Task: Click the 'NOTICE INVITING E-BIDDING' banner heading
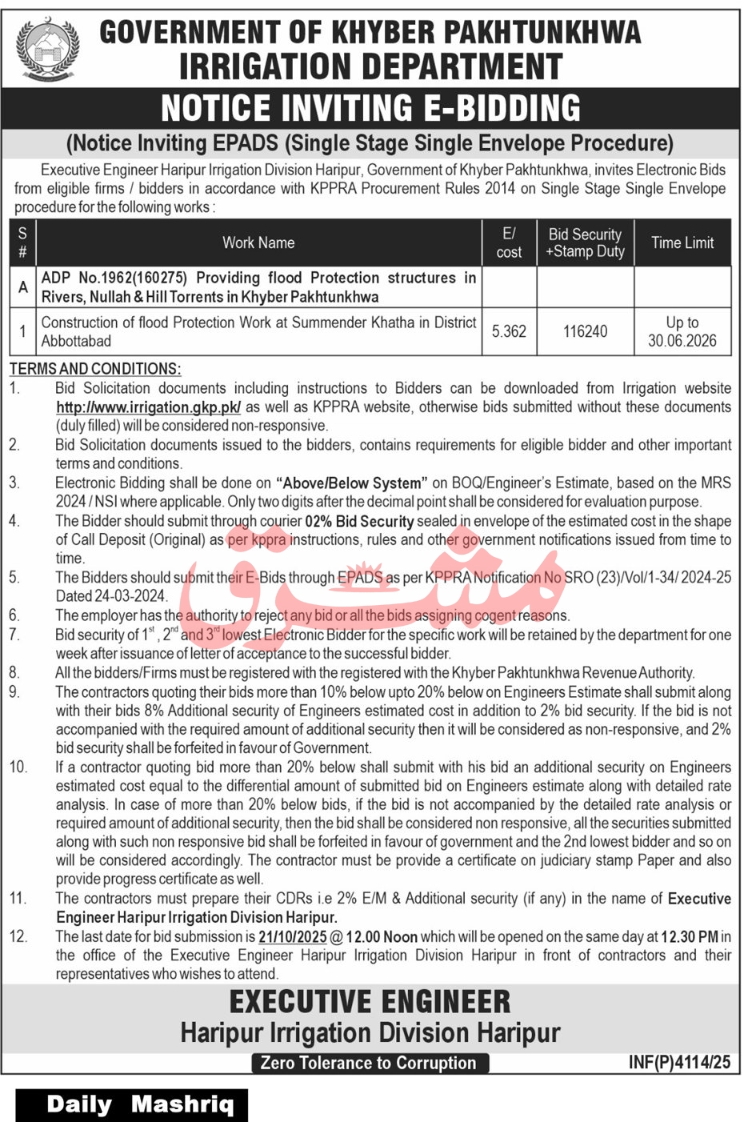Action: click(370, 108)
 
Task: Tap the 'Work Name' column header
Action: click(258, 242)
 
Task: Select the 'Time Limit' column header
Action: click(682, 242)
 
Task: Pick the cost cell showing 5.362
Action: click(509, 331)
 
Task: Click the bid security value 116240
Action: click(585, 331)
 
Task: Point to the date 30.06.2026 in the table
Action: click(682, 341)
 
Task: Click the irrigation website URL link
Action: click(148, 407)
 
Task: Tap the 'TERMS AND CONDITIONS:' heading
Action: click(95, 369)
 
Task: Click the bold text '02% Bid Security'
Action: click(359, 522)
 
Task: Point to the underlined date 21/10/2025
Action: click(292, 937)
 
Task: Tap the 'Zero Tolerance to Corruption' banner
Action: click(369, 1063)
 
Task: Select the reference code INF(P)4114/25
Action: click(679, 1062)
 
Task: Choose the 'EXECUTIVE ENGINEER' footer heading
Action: click(370, 1002)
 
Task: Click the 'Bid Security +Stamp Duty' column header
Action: click(585, 242)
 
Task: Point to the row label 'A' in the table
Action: click(22, 287)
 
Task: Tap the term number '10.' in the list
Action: click(18, 767)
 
